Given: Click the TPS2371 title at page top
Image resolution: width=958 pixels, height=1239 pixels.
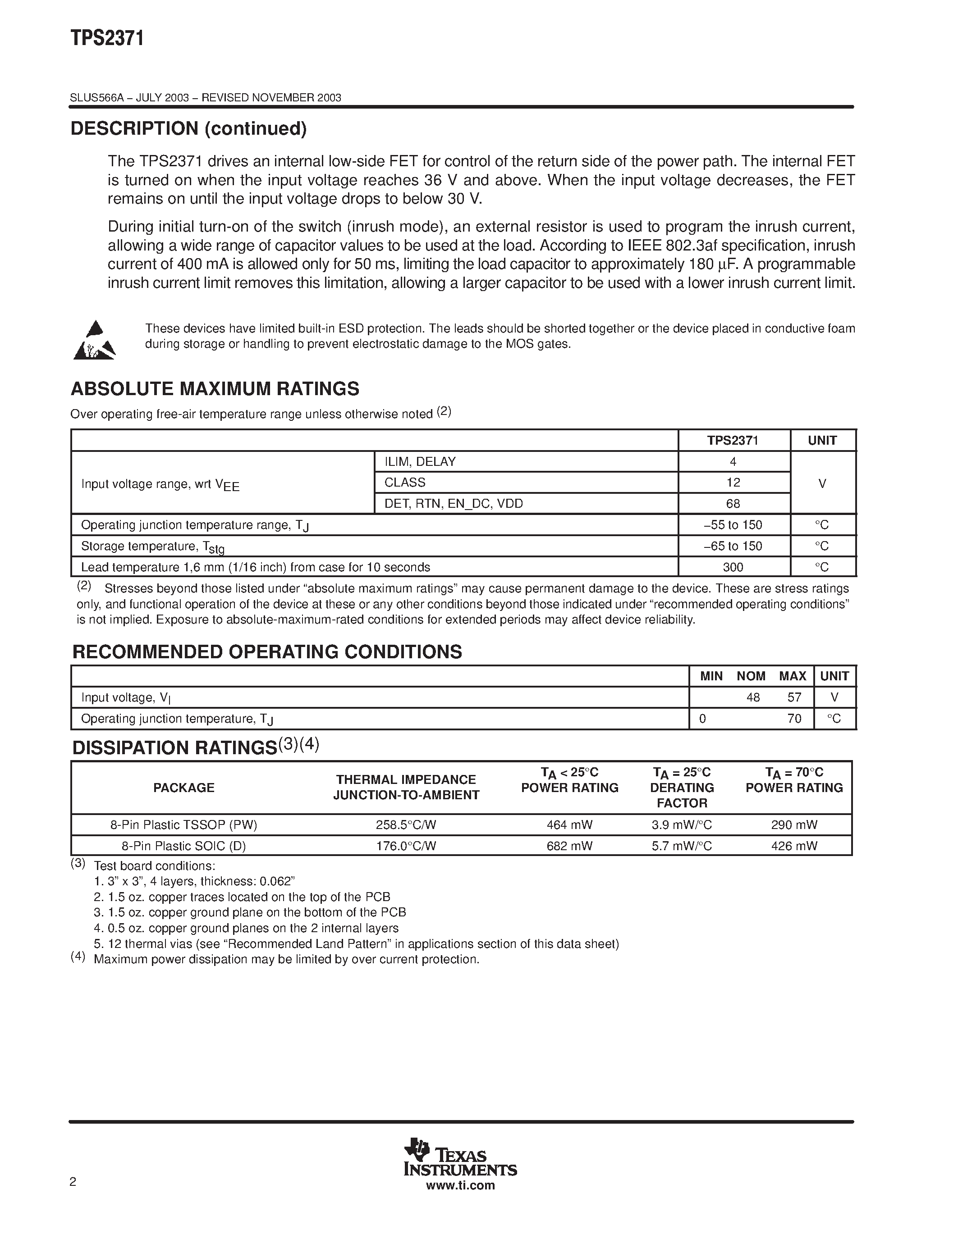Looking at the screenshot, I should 107,39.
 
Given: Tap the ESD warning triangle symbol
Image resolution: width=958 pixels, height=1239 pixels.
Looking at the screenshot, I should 94,341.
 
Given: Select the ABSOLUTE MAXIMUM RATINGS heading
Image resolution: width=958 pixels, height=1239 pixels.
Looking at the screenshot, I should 215,389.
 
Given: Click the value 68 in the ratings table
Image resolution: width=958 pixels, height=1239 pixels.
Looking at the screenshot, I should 733,504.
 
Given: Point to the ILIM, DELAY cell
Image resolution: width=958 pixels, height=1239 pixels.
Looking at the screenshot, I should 420,462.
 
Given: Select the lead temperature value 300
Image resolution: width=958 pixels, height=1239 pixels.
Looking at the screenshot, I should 733,567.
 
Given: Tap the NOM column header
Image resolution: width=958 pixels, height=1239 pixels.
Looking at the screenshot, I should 751,676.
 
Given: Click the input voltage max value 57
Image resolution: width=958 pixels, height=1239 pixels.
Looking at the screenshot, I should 794,698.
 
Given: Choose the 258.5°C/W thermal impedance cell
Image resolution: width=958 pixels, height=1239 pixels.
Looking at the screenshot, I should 406,825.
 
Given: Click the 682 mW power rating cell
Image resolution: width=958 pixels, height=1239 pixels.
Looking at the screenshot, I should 569,846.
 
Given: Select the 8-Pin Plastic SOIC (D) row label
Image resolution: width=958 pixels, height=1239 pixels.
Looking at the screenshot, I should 183,846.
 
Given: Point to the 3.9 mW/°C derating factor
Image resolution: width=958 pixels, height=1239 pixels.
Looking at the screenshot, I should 682,825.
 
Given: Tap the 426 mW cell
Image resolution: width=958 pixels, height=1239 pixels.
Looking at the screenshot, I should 794,846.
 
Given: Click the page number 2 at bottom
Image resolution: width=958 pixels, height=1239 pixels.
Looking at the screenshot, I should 73,1182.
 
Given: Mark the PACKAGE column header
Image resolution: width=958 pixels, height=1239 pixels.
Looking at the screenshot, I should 183,788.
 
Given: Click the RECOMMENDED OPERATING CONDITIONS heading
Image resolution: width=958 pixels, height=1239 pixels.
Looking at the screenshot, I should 267,652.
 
